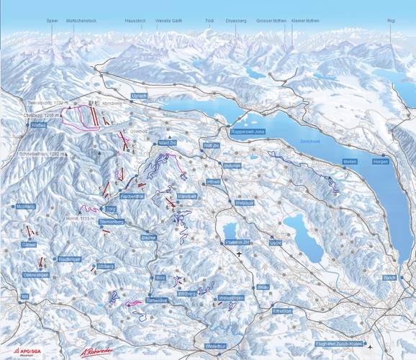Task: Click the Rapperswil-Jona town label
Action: (249, 134)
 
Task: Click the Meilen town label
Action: (350, 162)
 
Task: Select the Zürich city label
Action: (389, 277)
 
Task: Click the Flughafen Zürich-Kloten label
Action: (340, 344)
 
